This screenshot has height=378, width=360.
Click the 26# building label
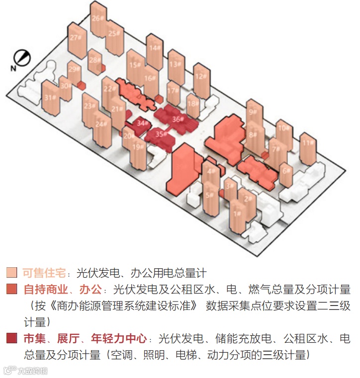[97, 18]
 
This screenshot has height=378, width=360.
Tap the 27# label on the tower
[75, 38]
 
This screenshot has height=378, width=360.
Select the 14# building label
[154, 48]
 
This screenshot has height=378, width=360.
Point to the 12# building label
[199, 76]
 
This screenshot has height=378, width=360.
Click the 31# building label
[48, 97]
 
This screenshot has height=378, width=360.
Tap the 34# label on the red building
[143, 123]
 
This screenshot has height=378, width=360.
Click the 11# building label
[307, 144]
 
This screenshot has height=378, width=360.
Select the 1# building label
[238, 214]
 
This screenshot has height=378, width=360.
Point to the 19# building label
[138, 147]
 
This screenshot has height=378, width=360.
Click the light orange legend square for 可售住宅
[12, 273]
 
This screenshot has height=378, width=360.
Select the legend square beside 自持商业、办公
[12, 289]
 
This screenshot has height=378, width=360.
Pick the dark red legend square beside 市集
[12, 339]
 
